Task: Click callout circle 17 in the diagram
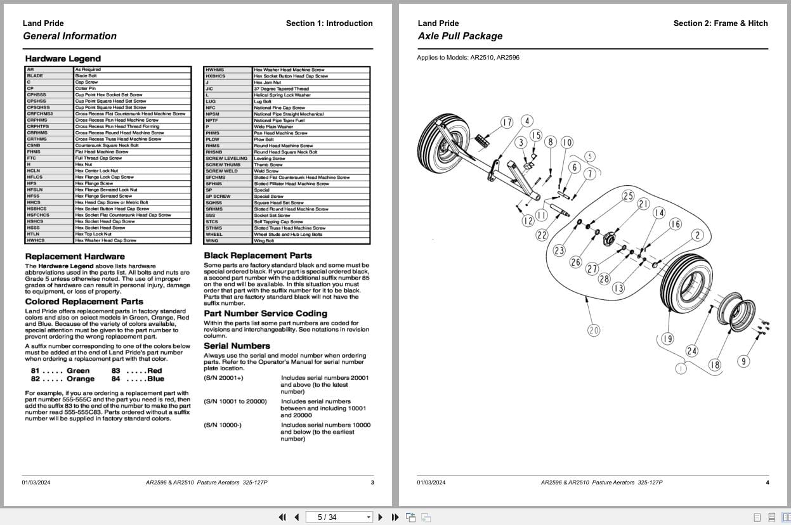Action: (506, 122)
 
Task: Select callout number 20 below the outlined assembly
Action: (593, 330)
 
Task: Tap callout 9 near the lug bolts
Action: (743, 361)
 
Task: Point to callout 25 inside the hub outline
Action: (627, 196)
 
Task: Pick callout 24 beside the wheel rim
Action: (691, 351)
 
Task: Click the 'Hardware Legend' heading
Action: (63, 59)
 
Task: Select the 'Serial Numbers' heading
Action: (237, 346)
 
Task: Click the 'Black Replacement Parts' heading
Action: (258, 256)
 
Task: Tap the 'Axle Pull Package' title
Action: (460, 36)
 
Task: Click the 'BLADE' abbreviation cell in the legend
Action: (35, 75)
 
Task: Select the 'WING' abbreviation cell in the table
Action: (212, 241)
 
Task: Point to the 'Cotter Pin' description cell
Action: (85, 88)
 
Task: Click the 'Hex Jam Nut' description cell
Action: (267, 82)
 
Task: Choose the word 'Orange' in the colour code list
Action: (81, 379)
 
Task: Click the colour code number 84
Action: (115, 379)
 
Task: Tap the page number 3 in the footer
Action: (372, 483)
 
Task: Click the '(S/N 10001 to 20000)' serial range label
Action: (235, 401)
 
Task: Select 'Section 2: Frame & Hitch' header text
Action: (720, 23)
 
